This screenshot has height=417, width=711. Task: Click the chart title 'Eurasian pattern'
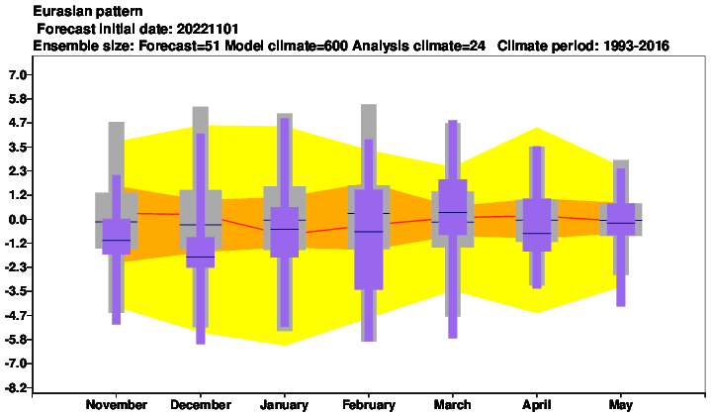88,11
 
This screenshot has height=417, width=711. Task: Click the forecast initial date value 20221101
208,29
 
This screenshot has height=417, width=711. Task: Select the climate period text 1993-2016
636,46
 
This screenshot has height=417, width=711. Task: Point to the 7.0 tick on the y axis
18,74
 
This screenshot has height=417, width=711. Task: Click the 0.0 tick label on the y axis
18,220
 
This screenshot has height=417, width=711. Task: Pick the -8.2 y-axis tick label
17,387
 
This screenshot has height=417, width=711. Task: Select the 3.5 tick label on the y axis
18,148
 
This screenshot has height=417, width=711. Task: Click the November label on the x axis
117,405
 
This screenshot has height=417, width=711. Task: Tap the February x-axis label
369,405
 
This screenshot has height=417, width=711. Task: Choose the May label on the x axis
621,405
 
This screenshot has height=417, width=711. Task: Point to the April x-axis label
536,405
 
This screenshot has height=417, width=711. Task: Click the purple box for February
369,239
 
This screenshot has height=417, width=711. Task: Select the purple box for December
201,253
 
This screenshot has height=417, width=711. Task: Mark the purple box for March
453,207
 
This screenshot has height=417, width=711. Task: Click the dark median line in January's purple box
285,229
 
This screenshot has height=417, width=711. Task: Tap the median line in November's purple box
117,240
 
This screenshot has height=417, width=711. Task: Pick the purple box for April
536,225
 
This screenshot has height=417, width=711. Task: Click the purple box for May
621,220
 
